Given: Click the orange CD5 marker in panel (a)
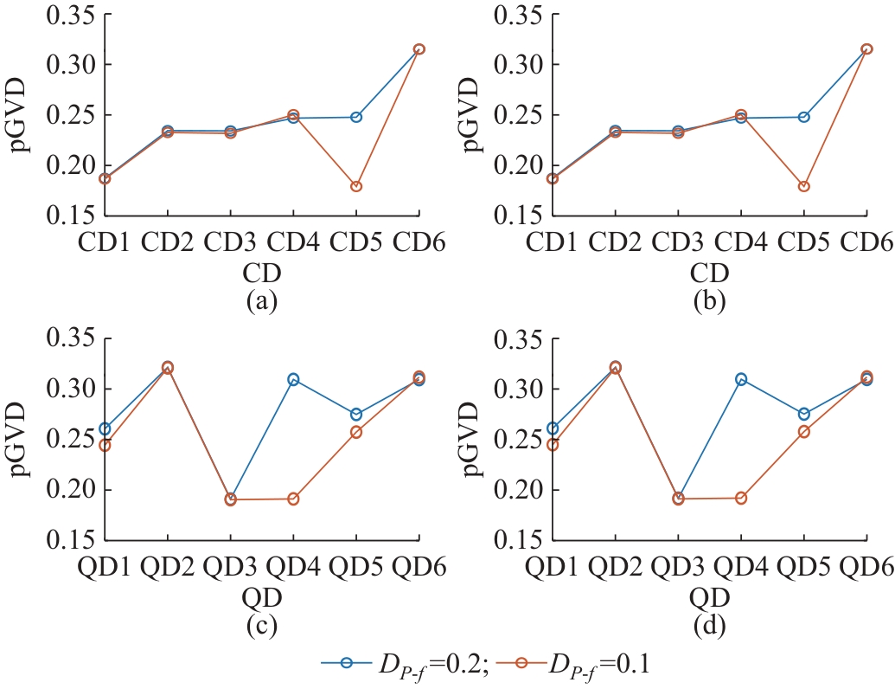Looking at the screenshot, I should (356, 186).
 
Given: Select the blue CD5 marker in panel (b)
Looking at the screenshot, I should (803, 117).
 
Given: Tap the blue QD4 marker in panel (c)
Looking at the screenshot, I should (293, 379).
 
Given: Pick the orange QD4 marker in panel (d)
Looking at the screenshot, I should (740, 498).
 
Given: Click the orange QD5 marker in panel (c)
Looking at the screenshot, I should (356, 431).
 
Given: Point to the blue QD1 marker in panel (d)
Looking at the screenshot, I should (553, 428).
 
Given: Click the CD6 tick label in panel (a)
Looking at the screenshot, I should (419, 244).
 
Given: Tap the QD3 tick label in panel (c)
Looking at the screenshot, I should (230, 569).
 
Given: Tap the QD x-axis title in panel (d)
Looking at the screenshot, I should (709, 597).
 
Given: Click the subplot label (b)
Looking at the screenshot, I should (709, 302).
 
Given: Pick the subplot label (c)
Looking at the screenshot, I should (262, 627).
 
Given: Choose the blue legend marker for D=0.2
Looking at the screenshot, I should (346, 664).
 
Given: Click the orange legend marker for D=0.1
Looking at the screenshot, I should (528, 664).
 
